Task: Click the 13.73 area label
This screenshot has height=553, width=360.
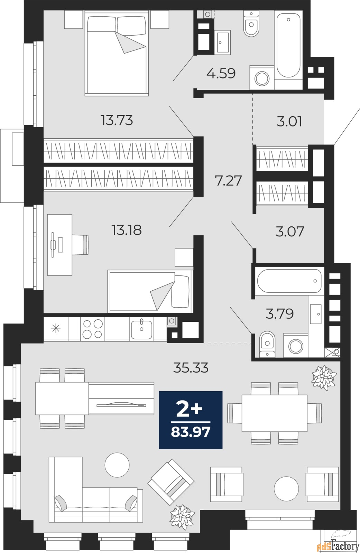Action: tap(117, 120)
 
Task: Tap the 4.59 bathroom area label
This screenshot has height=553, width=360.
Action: tap(221, 73)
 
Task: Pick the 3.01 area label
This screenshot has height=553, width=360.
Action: tap(289, 121)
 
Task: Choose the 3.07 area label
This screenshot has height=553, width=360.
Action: tap(289, 232)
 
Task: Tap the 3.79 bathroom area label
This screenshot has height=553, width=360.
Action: tap(280, 313)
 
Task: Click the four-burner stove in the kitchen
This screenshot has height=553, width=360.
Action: tap(92, 329)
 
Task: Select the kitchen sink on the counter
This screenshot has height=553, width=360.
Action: tap(141, 329)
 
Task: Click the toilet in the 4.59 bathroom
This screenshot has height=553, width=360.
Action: tap(251, 24)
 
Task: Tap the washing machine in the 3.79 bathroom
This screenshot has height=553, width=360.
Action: tap(296, 346)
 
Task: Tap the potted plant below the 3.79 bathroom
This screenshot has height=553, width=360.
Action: tap(324, 378)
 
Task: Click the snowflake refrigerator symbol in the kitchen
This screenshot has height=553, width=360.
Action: tap(56, 329)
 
